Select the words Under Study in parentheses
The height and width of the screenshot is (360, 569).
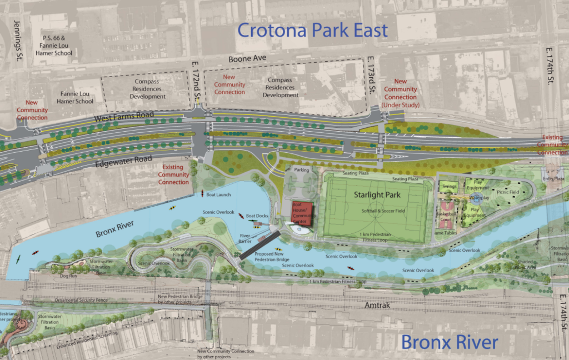[x=400, y=105]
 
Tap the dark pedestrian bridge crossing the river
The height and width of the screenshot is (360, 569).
[x=259, y=245]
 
